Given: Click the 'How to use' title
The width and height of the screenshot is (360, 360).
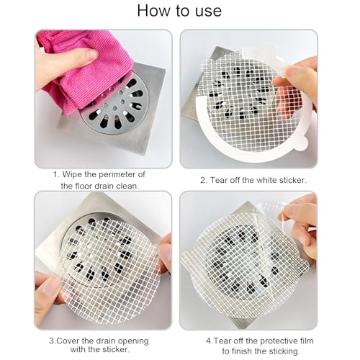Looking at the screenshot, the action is pos(179,11).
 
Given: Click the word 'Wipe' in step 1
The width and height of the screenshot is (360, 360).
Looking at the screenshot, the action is pos(72,174).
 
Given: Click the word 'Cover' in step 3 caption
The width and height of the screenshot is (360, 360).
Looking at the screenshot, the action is pos(68,341).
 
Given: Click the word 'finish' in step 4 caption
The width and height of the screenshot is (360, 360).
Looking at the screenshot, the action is pos(249,351).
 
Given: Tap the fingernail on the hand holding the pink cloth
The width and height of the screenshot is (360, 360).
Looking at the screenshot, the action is pos(91,55).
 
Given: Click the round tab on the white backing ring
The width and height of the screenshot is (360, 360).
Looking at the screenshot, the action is pos(302,144).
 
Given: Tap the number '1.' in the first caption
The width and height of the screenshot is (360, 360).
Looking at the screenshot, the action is pos(56,175).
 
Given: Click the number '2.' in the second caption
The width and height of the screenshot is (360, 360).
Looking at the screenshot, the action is pos(204,180).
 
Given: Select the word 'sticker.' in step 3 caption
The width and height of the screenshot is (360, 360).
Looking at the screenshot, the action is pos(114,349).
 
